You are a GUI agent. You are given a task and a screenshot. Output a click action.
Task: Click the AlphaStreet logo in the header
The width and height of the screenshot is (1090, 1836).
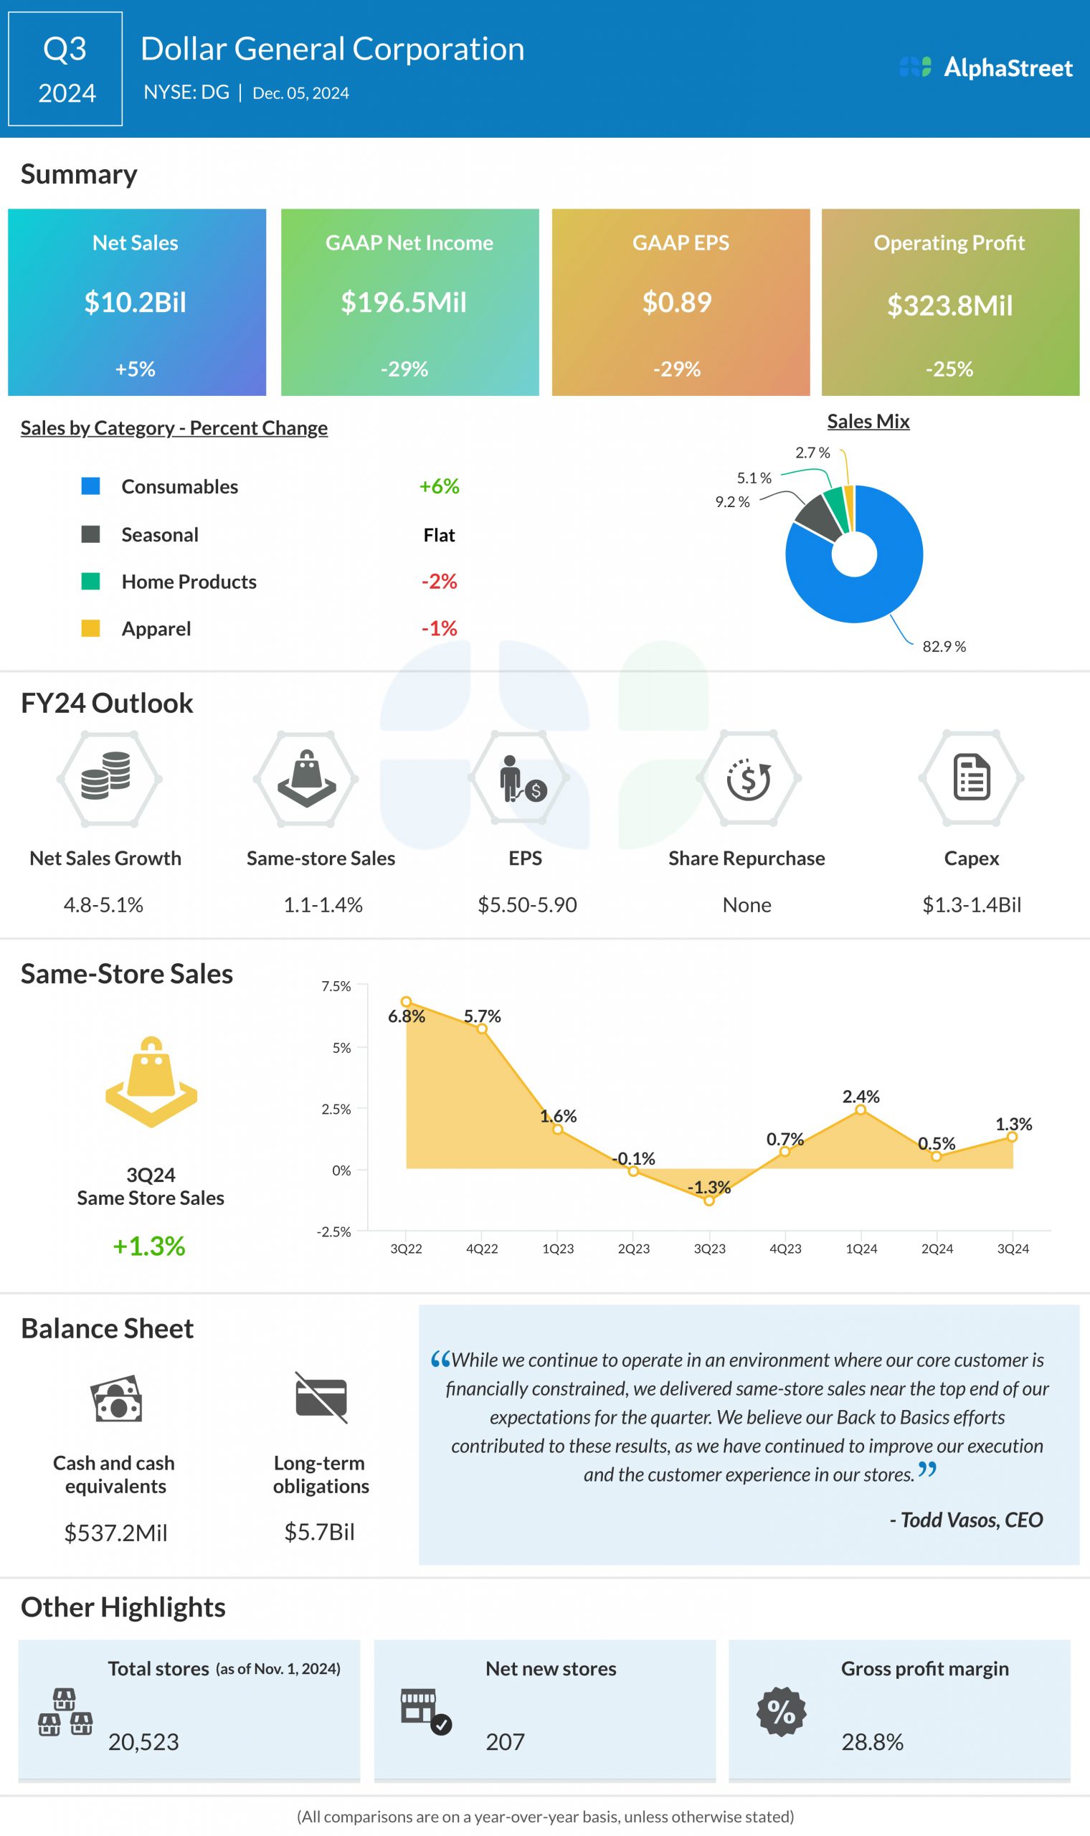point(986,67)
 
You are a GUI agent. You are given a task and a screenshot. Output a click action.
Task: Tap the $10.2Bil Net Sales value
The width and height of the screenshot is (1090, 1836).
point(135,303)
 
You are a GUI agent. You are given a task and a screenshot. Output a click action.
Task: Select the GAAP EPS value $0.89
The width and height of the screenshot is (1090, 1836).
point(676,303)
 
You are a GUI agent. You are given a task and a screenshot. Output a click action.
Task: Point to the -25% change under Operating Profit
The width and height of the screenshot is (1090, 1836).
point(949,369)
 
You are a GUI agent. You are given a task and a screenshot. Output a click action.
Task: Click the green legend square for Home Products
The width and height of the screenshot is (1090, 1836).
point(90,582)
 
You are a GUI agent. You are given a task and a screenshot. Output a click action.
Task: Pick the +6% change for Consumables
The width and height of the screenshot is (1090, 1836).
point(440,486)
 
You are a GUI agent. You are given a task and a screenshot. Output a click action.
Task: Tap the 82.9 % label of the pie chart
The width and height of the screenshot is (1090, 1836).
point(944,646)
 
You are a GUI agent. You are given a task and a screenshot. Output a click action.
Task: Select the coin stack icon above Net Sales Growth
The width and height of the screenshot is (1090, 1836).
point(107,776)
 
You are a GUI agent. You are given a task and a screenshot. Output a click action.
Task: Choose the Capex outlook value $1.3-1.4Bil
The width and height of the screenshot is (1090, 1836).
point(971,905)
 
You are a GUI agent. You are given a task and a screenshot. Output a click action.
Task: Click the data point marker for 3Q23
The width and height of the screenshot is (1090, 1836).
point(708,1201)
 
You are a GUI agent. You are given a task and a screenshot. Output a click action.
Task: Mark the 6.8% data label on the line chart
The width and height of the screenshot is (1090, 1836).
point(406,1016)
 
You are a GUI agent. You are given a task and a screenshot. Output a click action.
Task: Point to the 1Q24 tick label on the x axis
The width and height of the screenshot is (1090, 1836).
point(861,1249)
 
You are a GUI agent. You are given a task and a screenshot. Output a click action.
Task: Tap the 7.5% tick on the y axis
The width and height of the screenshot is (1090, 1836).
point(336,986)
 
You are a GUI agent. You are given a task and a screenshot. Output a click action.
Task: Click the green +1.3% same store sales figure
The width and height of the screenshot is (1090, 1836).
point(149,1246)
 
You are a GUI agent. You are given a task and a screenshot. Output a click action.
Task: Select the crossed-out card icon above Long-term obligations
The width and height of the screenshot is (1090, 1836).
point(321,1397)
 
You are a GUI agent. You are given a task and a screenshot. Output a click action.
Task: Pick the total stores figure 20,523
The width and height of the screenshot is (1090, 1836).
point(143,1742)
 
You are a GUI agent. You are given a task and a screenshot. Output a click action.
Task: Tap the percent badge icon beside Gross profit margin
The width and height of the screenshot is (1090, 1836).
point(782,1712)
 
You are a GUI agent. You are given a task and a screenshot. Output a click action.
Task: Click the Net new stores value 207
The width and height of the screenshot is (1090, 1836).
point(506,1742)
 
